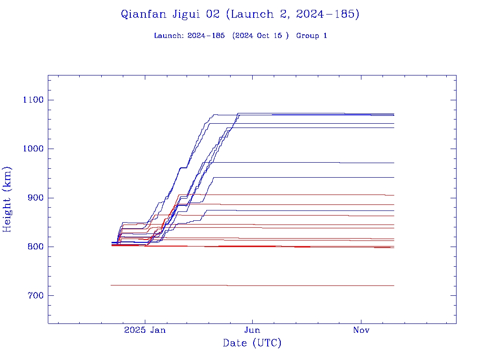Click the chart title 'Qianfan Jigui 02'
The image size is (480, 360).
click(x=170, y=14)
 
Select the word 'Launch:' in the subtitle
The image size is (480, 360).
click(x=169, y=36)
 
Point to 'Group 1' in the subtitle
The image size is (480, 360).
click(x=311, y=36)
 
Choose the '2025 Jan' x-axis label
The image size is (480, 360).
click(x=145, y=330)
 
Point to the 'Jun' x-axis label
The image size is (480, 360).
click(x=253, y=330)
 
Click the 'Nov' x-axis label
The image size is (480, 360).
click(x=361, y=330)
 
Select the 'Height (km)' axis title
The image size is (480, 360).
click(x=7, y=199)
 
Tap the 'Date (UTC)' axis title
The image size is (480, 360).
click(x=252, y=343)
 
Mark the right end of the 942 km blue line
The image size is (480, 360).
click(x=393, y=177)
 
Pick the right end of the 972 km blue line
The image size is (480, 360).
click(x=393, y=163)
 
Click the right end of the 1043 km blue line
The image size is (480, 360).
click(x=393, y=127)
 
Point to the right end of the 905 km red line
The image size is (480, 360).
click(x=393, y=195)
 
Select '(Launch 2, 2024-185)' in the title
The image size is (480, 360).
click(x=292, y=14)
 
